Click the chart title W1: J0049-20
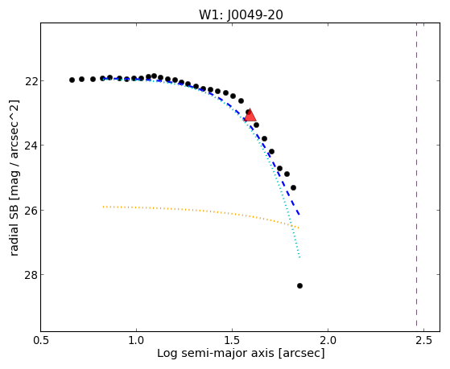tap(241, 15)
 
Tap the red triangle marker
tap(250, 115)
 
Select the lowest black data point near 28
tap(299, 285)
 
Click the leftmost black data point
tap(72, 80)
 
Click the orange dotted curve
tap(201, 211)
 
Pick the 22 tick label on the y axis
tap(30, 81)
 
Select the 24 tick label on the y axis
tap(30, 146)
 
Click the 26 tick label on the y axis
tap(30, 210)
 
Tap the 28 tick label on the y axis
tap(30, 275)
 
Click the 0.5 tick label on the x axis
tap(41, 341)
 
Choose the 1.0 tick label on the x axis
tap(136, 341)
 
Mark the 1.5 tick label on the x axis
tap(232, 341)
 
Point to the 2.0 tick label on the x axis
tap(328, 341)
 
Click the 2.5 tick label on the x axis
tap(424, 341)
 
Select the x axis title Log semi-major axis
tap(216, 354)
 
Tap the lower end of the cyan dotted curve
tap(299, 258)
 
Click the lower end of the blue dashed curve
tap(299, 215)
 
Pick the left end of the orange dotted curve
tap(103, 207)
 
